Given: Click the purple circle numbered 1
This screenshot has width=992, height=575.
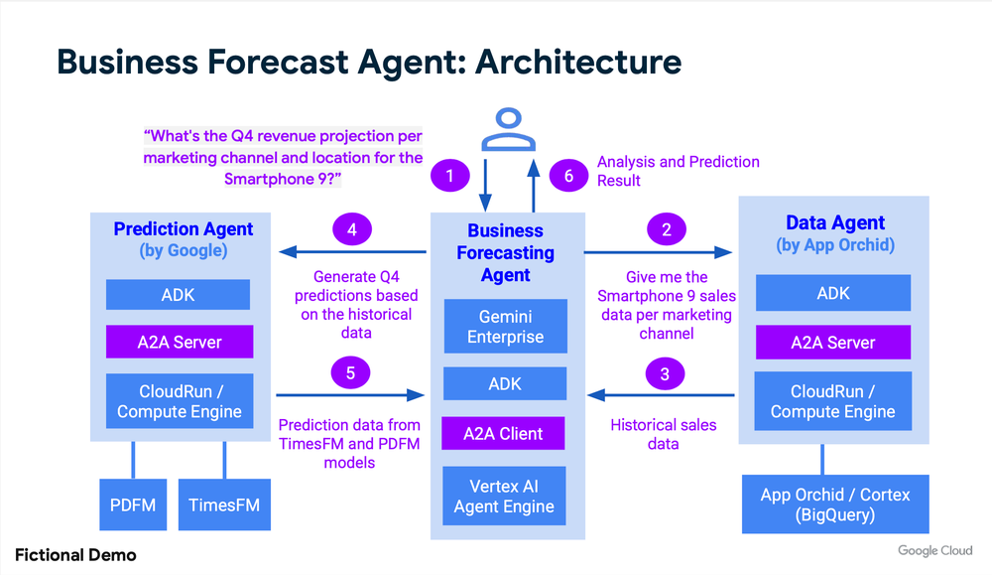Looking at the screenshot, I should tap(449, 177).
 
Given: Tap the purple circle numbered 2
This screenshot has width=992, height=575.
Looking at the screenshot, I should tap(666, 230).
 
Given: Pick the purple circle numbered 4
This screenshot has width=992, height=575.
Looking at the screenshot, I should tap(352, 230).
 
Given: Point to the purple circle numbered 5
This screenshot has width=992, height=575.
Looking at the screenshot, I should tap(352, 373).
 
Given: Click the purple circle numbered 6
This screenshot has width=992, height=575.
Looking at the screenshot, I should tap(568, 177).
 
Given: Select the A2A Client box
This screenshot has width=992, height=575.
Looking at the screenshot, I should tap(504, 433).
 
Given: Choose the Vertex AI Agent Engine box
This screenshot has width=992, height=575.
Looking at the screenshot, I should tap(504, 496).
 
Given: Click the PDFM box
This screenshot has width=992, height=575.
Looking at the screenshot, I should tap(132, 504).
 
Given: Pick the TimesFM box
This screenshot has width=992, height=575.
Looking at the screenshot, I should tap(224, 504).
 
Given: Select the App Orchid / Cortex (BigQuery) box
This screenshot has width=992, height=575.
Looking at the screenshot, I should tap(834, 504).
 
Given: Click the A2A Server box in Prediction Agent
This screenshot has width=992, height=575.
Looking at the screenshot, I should tap(180, 343).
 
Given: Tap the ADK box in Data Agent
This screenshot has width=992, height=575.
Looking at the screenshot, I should tap(833, 294).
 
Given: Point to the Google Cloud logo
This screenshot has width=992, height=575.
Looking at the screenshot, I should tap(935, 551).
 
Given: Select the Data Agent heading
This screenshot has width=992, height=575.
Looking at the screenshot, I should tap(834, 223).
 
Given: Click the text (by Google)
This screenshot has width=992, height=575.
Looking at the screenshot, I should tap(184, 250).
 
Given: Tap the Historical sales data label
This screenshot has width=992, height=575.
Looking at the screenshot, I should tap(663, 434).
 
